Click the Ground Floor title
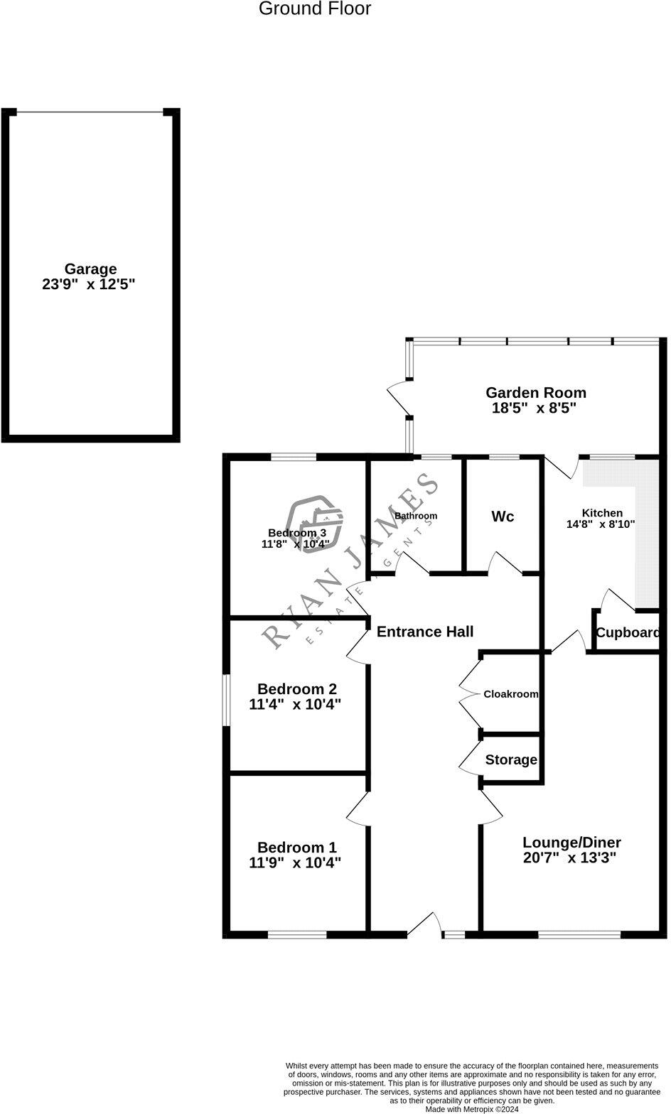click(314, 9)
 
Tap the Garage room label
click(90, 269)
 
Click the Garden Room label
click(535, 392)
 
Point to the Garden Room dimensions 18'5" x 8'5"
click(533, 409)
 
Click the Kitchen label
click(602, 513)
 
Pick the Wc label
click(503, 517)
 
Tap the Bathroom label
click(416, 516)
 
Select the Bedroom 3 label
click(296, 533)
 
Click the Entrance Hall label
click(424, 632)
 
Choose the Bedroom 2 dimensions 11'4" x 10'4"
click(295, 705)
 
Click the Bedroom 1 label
click(296, 848)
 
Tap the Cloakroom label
click(510, 694)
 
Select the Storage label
click(511, 760)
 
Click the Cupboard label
click(628, 633)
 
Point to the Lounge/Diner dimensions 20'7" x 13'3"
click(569, 858)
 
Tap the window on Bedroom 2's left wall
click(226, 700)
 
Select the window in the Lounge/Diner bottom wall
click(579, 934)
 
